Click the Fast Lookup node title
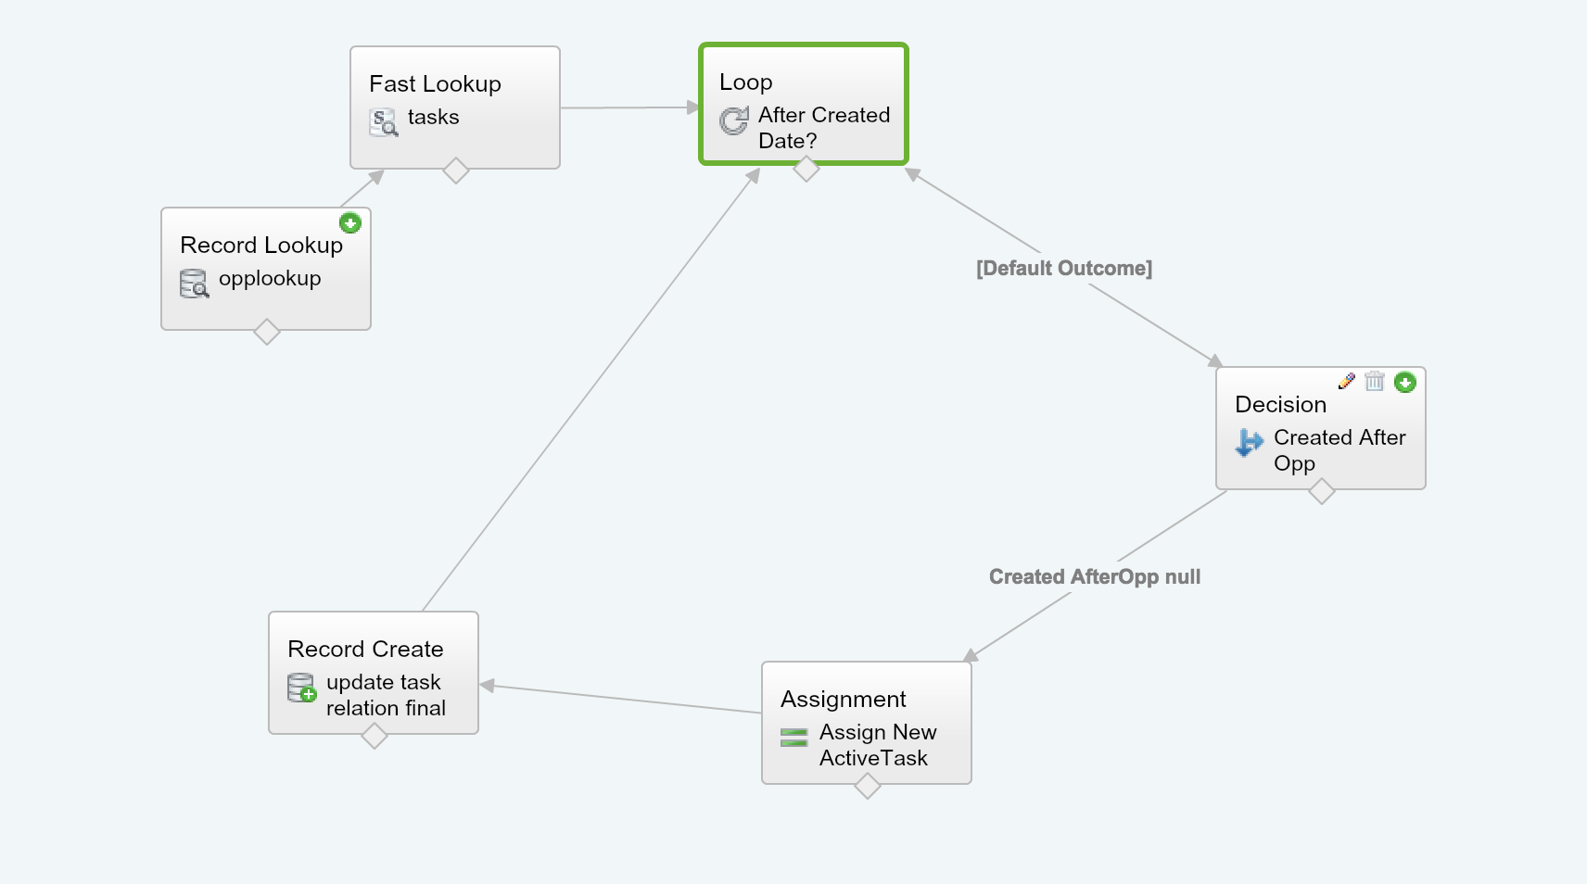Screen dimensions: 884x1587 tap(435, 84)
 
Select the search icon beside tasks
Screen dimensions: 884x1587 tap(384, 122)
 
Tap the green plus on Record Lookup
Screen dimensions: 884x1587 tap(349, 223)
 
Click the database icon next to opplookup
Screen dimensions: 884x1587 tap(194, 284)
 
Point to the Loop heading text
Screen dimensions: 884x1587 tap(745, 82)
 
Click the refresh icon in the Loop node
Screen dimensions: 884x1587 tap(734, 120)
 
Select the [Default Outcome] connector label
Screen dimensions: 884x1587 tap(1063, 269)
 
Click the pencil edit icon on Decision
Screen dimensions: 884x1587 tap(1347, 381)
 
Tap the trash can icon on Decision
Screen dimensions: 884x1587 tap(1375, 381)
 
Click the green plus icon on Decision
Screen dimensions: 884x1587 tap(1405, 382)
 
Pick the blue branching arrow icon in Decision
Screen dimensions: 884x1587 tap(1249, 443)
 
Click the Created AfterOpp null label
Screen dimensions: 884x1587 tap(1094, 577)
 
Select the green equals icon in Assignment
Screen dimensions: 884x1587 tap(793, 738)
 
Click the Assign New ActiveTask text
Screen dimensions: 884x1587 tap(877, 745)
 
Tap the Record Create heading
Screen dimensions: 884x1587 tap(365, 650)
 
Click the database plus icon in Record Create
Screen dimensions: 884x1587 tap(301, 688)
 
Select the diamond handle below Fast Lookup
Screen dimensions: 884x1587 tap(455, 170)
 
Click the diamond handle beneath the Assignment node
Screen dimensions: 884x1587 tap(867, 786)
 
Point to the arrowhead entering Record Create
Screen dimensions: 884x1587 tap(487, 686)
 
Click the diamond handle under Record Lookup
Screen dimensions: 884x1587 tap(266, 332)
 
